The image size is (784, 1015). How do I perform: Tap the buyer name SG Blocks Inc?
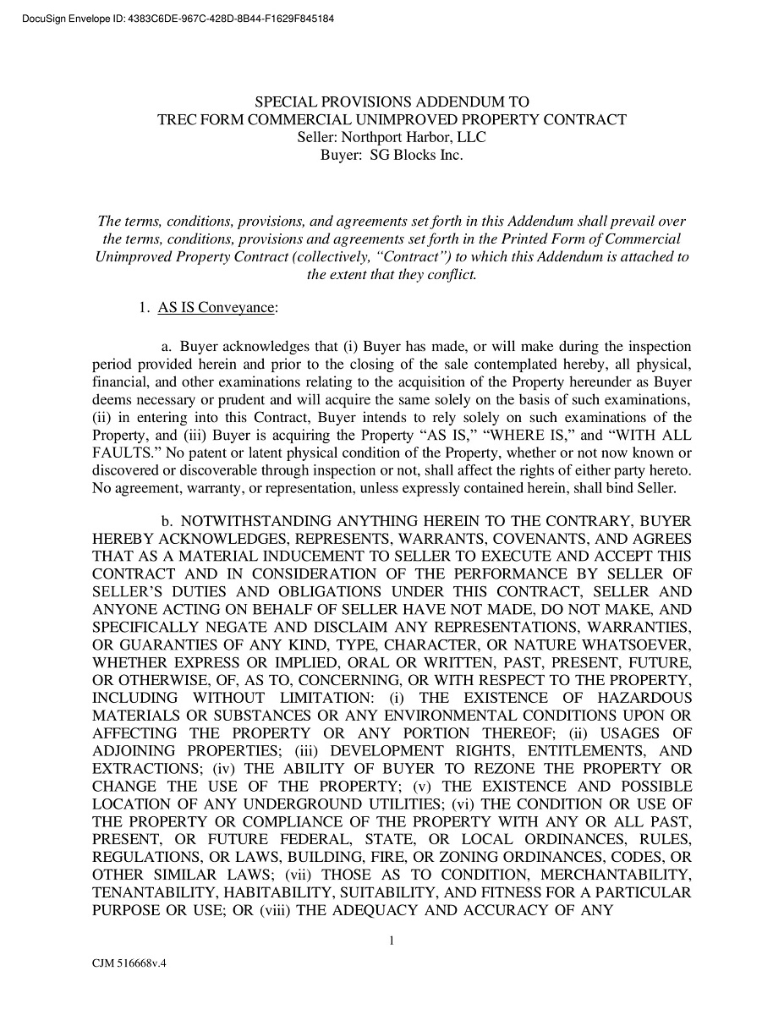tap(416, 156)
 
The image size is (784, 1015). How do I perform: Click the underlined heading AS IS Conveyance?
tap(217, 309)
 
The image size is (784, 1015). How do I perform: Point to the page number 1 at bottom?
tap(392, 940)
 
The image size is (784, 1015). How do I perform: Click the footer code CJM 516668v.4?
tap(129, 963)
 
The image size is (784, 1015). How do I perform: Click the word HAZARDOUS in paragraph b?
tap(644, 698)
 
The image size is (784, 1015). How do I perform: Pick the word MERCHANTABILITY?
tap(616, 875)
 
